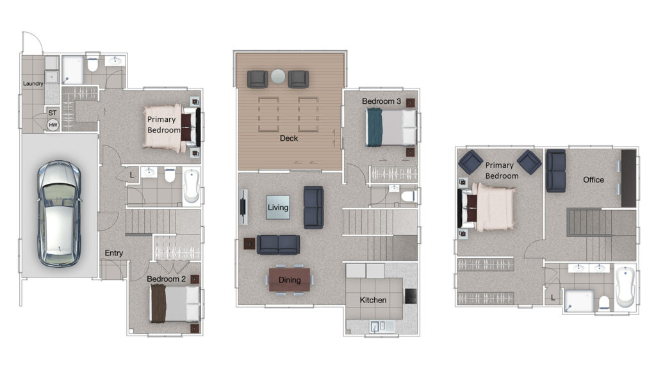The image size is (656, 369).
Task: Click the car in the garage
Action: [x=60, y=213]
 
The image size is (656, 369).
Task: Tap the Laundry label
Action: [x=33, y=84]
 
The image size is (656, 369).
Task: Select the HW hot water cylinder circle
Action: [x=53, y=125]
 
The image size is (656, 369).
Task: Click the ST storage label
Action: [x=53, y=113]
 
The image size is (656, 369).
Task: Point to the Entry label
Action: [x=114, y=252]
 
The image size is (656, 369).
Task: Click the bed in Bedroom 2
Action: [x=175, y=303]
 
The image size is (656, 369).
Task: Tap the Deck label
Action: [x=289, y=138]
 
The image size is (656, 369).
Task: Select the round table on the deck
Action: [x=278, y=77]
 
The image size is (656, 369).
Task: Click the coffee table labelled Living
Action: [x=278, y=207]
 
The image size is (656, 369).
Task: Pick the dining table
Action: [x=290, y=280]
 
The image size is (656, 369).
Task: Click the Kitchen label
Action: [x=373, y=300]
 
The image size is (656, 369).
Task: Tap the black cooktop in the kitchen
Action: [x=411, y=296]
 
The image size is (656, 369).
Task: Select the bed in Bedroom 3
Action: [x=391, y=127]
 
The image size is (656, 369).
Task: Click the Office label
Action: [x=594, y=179]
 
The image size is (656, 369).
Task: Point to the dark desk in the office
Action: [x=628, y=178]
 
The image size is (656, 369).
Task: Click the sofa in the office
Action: [x=556, y=170]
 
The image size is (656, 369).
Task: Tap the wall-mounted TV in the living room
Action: [x=243, y=207]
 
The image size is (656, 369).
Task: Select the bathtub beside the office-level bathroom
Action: [x=625, y=288]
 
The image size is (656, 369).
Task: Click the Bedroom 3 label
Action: [x=382, y=101]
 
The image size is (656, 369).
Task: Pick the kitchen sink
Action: [x=379, y=326]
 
